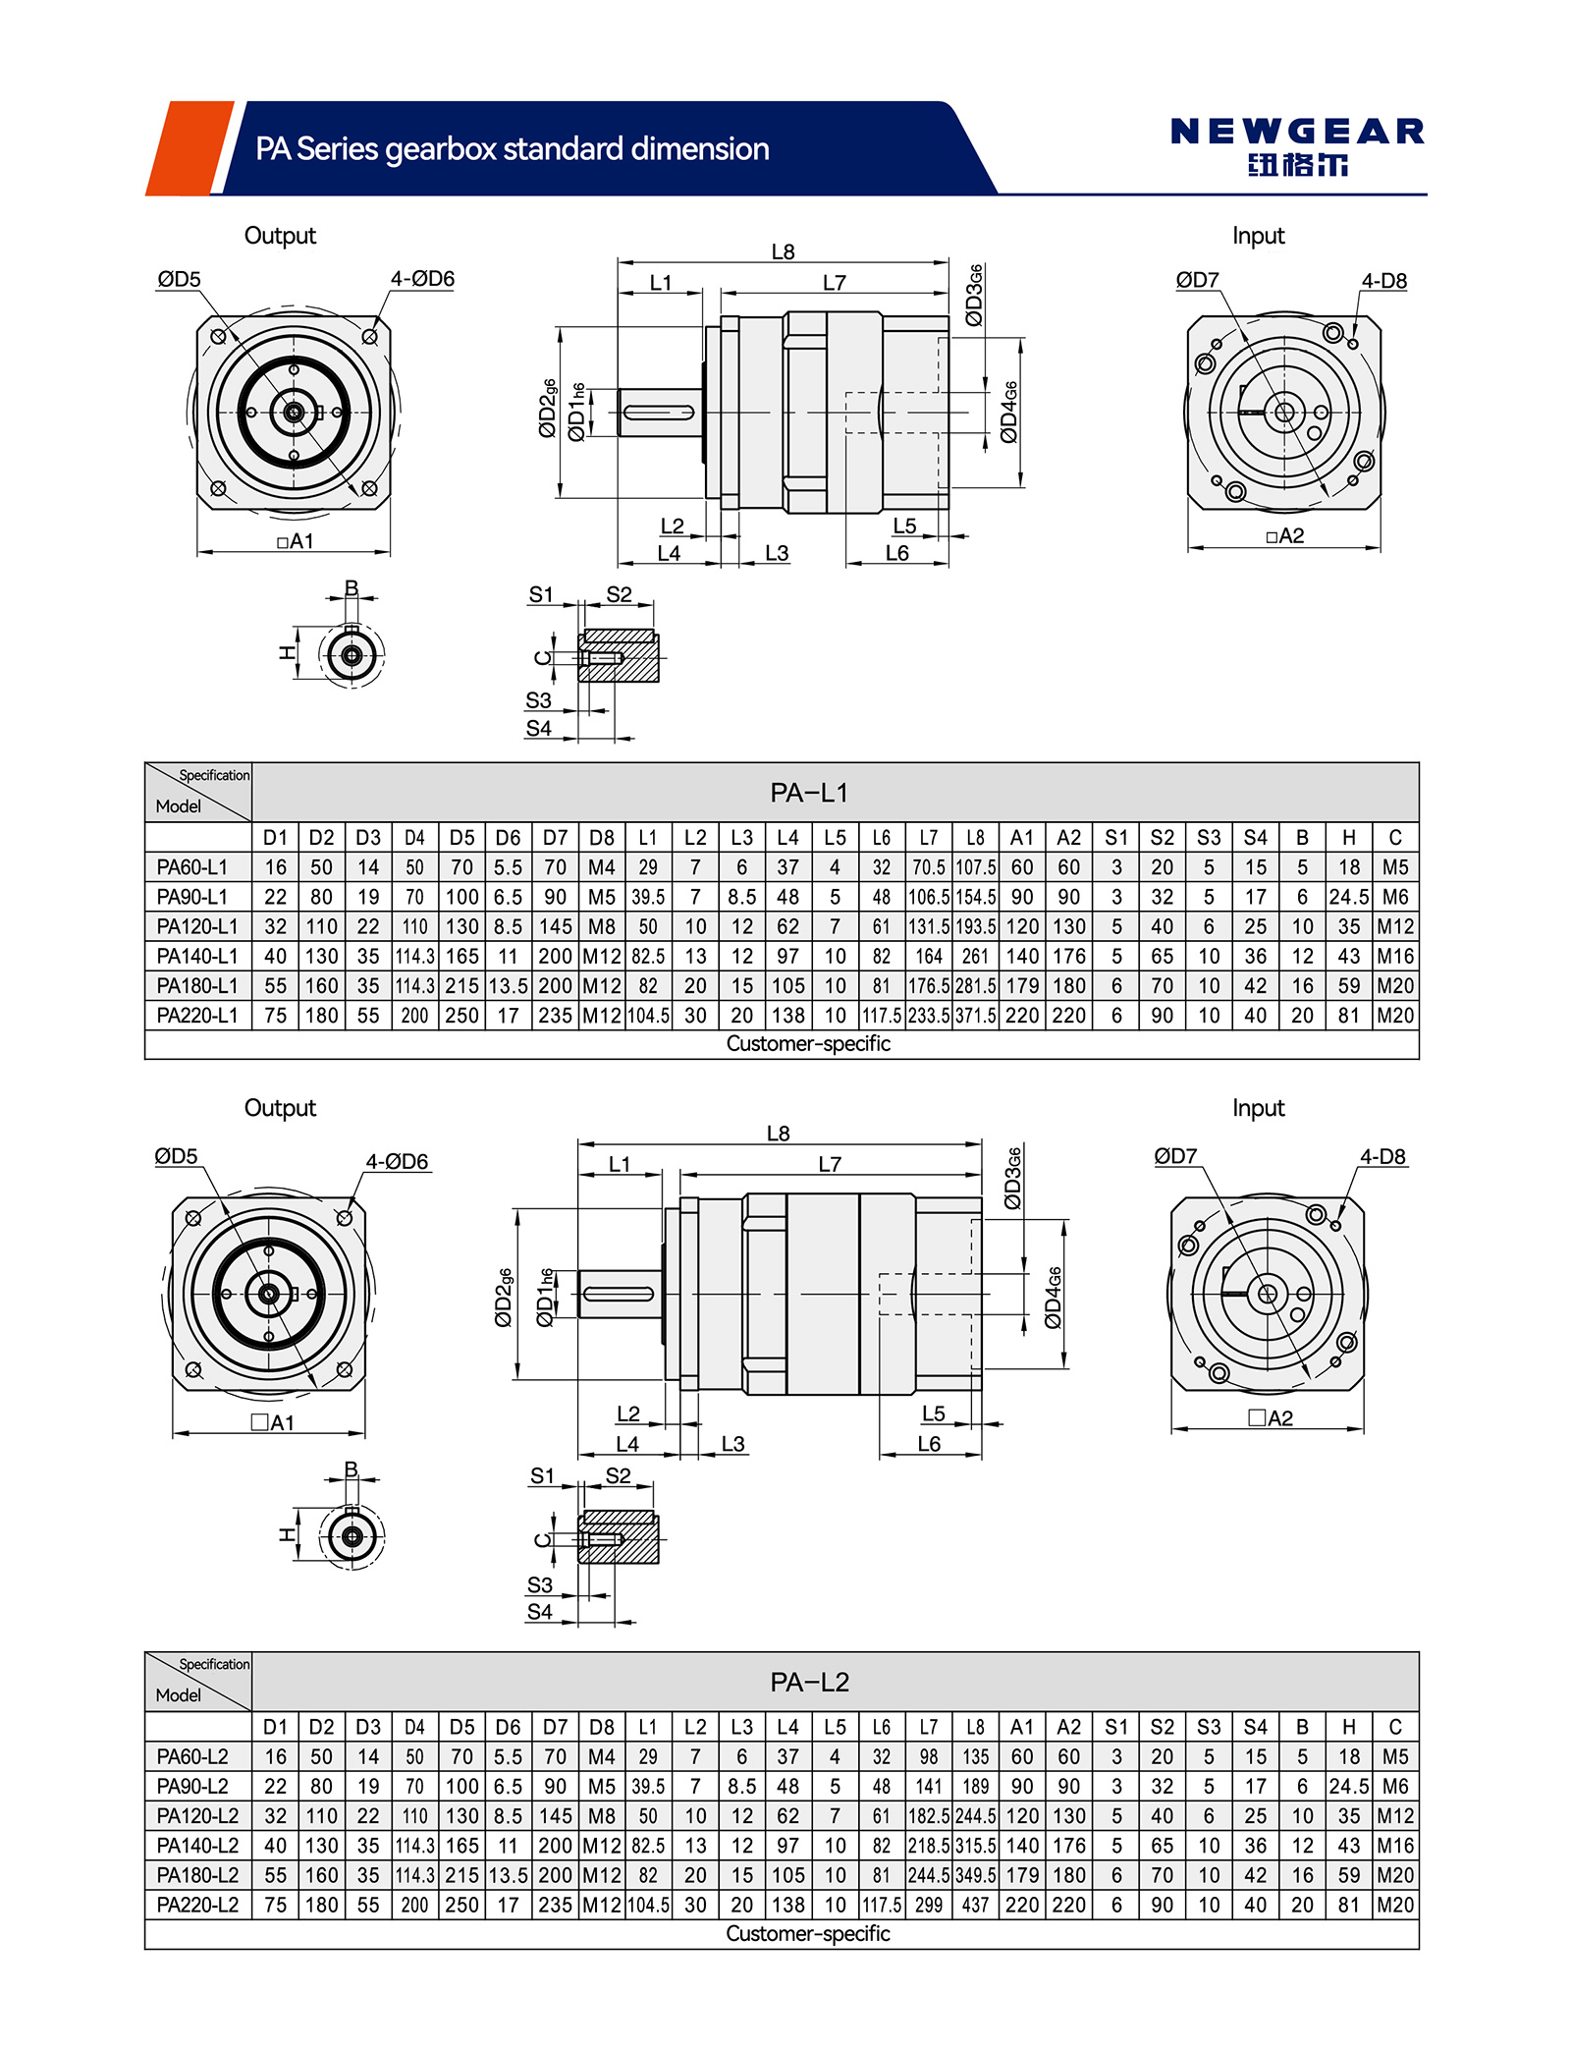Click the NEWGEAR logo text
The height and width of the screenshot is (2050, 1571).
(x=1296, y=132)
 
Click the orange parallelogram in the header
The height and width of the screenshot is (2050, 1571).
(x=190, y=148)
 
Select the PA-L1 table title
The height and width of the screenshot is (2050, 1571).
(x=808, y=793)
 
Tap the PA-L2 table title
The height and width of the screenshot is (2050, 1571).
(x=808, y=1682)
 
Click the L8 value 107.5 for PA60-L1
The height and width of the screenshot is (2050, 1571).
(x=975, y=867)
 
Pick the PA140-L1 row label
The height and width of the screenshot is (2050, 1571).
(x=197, y=956)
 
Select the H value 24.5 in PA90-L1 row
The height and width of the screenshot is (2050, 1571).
(x=1349, y=897)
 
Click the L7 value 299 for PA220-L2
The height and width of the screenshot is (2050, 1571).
(x=928, y=1905)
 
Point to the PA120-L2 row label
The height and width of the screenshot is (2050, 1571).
(x=197, y=1815)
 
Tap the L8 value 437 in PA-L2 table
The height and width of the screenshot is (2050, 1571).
(x=975, y=1905)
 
